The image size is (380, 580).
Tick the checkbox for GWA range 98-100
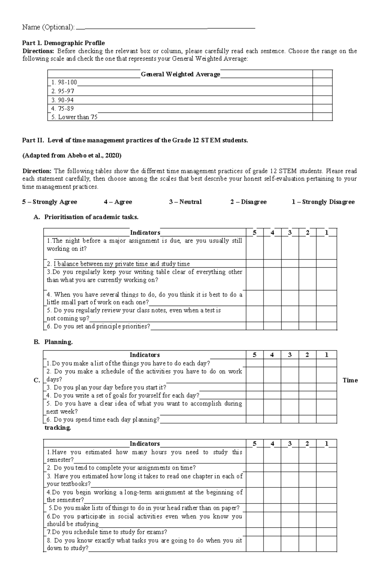point(322,82)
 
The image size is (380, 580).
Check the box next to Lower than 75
point(322,117)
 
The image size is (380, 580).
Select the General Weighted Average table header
point(180,74)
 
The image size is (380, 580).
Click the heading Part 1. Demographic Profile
point(63,43)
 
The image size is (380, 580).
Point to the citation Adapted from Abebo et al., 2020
point(72,156)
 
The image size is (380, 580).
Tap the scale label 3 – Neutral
point(185,202)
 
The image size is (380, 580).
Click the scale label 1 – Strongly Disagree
point(323,202)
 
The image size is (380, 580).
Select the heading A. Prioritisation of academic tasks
point(86,217)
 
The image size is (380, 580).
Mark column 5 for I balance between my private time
point(255,264)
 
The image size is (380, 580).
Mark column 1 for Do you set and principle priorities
point(326,326)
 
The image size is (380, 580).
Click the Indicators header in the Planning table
point(145,355)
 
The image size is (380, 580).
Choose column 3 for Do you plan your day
point(290,388)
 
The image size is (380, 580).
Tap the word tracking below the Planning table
point(58,428)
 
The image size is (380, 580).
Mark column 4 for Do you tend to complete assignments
point(272,468)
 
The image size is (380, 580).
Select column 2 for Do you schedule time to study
point(307,532)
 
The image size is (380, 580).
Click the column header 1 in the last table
point(326,444)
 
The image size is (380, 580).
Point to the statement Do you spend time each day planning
point(103,420)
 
